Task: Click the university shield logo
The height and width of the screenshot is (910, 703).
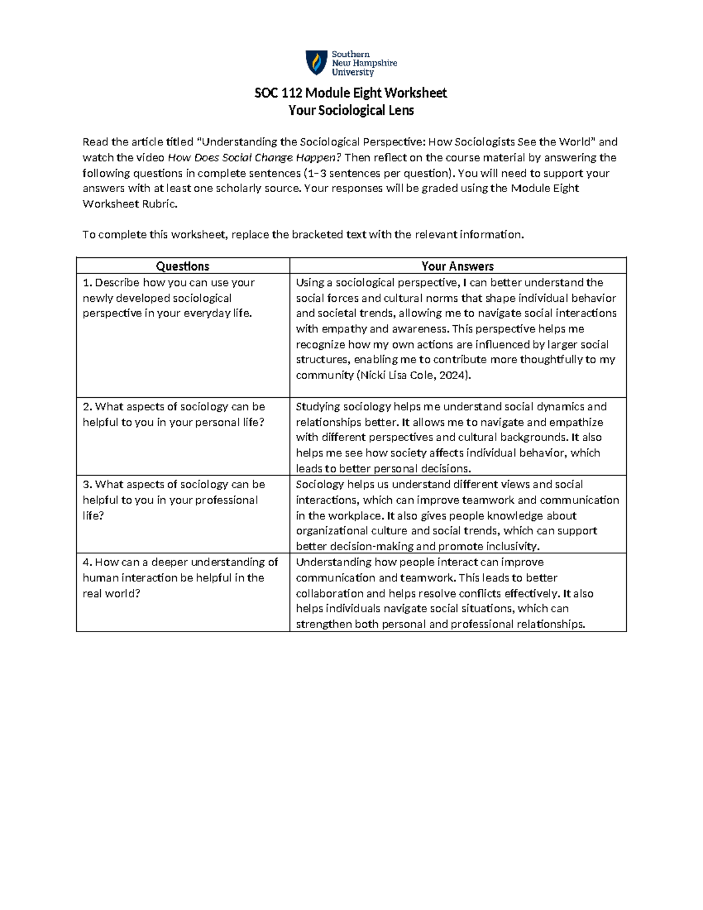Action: (x=316, y=63)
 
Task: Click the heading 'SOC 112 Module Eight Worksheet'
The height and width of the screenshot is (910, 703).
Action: (x=350, y=93)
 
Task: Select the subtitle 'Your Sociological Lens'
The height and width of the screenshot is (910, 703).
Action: (x=351, y=110)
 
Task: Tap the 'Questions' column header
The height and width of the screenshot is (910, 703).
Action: (x=182, y=266)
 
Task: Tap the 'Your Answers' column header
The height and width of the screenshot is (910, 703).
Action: (x=458, y=266)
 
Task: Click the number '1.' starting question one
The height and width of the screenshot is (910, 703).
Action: (x=88, y=282)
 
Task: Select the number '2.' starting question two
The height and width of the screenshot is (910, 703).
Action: (x=88, y=407)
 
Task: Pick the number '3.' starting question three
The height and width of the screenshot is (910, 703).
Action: (x=88, y=485)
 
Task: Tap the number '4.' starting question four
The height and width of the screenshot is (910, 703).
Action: (x=88, y=563)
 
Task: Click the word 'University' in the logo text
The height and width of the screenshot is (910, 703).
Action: (x=353, y=73)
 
